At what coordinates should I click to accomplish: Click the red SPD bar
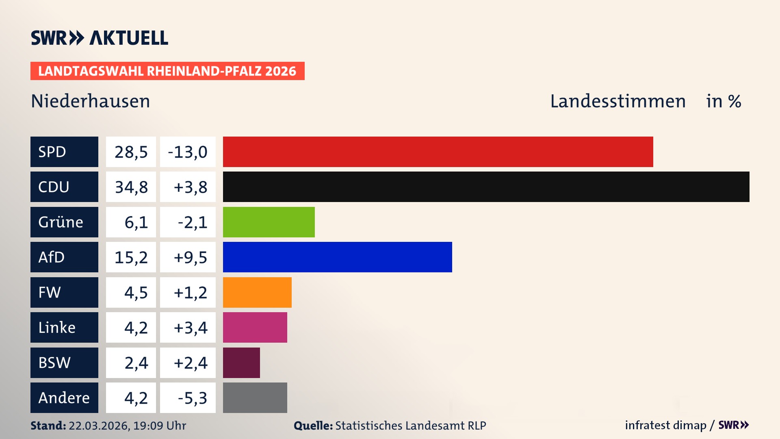point(438,152)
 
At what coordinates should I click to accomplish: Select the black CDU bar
point(486,187)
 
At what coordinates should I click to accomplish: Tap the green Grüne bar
point(269,222)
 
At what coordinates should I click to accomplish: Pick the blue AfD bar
point(337,257)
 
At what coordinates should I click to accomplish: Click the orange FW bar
point(257,292)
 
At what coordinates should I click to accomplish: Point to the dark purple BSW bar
point(241,363)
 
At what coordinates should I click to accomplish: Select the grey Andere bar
point(255,398)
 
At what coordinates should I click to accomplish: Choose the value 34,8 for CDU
point(131,187)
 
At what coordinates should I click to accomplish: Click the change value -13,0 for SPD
point(188,152)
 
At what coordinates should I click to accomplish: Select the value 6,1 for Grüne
point(136,222)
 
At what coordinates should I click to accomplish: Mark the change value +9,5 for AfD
point(190,257)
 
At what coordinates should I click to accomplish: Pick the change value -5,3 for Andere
point(192,398)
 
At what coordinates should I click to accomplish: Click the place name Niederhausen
point(91,101)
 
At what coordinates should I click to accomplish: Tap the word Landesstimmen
point(617,101)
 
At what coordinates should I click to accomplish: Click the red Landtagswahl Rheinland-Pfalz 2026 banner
point(167,71)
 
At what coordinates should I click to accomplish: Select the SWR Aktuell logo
point(100,38)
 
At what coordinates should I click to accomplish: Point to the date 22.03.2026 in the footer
point(99,426)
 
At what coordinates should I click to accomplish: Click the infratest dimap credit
point(665,425)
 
